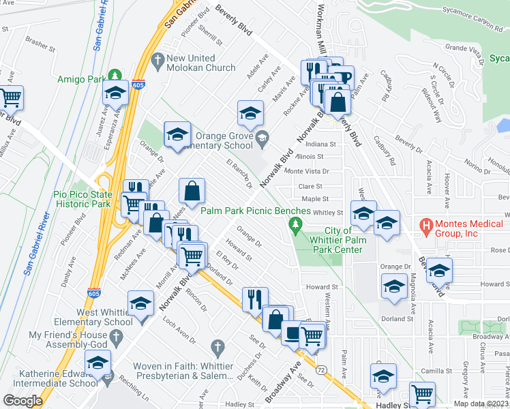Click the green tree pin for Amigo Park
(x=116, y=74)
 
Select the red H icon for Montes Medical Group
(x=427, y=225)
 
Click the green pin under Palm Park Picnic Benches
(x=295, y=225)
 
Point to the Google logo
(x=22, y=401)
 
